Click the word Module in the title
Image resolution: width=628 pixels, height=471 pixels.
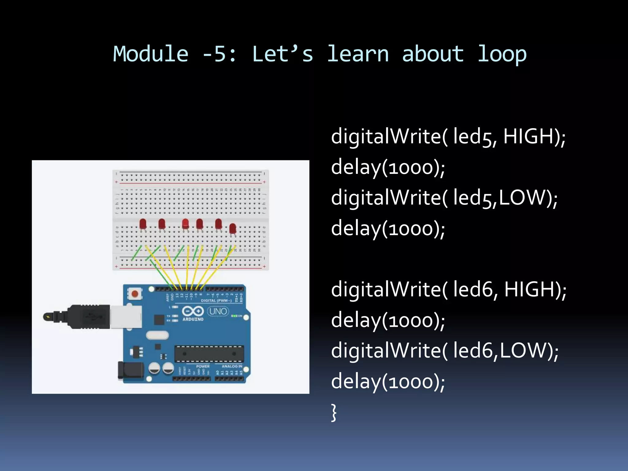(150, 54)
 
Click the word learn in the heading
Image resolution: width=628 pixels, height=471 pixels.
(358, 54)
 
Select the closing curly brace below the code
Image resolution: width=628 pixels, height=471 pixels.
(334, 412)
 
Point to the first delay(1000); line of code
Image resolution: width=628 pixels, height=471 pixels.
(388, 167)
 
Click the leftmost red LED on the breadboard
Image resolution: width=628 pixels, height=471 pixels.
(143, 224)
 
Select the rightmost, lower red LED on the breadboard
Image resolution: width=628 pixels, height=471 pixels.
(233, 229)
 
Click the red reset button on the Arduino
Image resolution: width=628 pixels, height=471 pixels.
(135, 294)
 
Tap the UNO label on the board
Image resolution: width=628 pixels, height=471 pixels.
(218, 312)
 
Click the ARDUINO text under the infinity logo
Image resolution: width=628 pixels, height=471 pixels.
(193, 319)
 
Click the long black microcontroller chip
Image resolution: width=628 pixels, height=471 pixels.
(209, 354)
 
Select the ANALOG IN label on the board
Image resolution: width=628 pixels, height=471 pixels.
(232, 366)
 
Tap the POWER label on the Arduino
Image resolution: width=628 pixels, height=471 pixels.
(203, 366)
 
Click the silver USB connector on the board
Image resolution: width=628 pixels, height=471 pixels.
(126, 316)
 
